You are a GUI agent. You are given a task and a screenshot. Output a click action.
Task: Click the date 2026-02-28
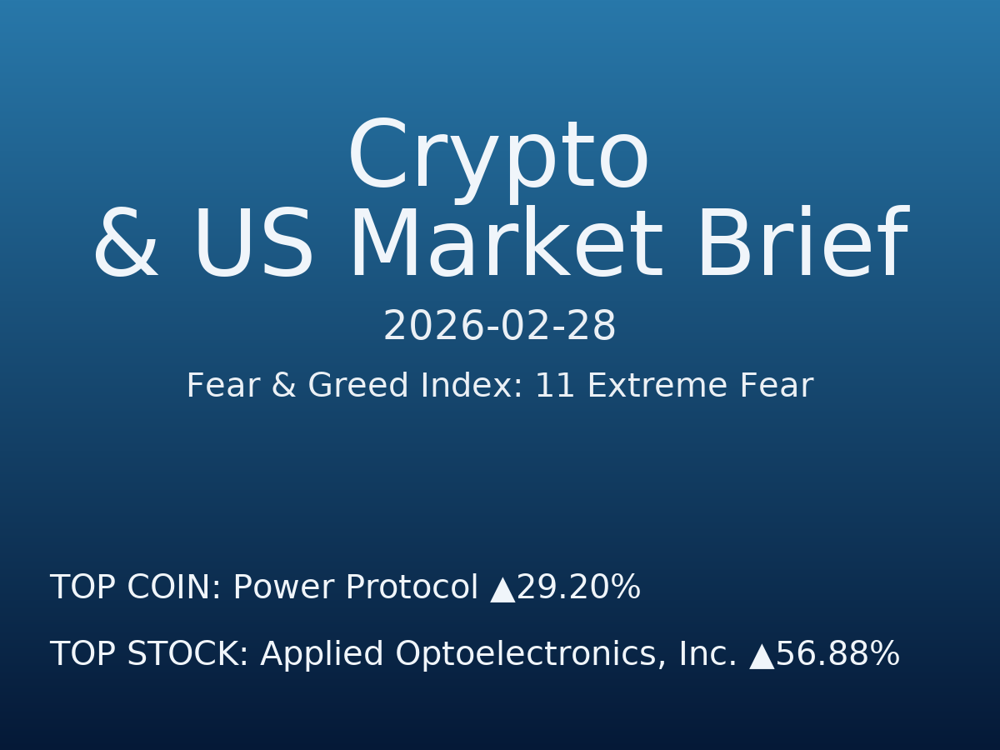coord(499,327)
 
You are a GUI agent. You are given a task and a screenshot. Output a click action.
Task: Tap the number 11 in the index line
coord(554,387)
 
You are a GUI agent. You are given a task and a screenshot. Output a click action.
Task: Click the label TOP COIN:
coord(136,588)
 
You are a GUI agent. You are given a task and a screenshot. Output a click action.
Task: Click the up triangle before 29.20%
coord(502,590)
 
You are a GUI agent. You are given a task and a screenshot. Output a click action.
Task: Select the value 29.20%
coord(578,588)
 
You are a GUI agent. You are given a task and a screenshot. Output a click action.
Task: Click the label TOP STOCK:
coord(149,655)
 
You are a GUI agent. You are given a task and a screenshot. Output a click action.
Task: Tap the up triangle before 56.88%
coord(762,657)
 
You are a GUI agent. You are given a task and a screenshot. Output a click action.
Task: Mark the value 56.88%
coord(837,655)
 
